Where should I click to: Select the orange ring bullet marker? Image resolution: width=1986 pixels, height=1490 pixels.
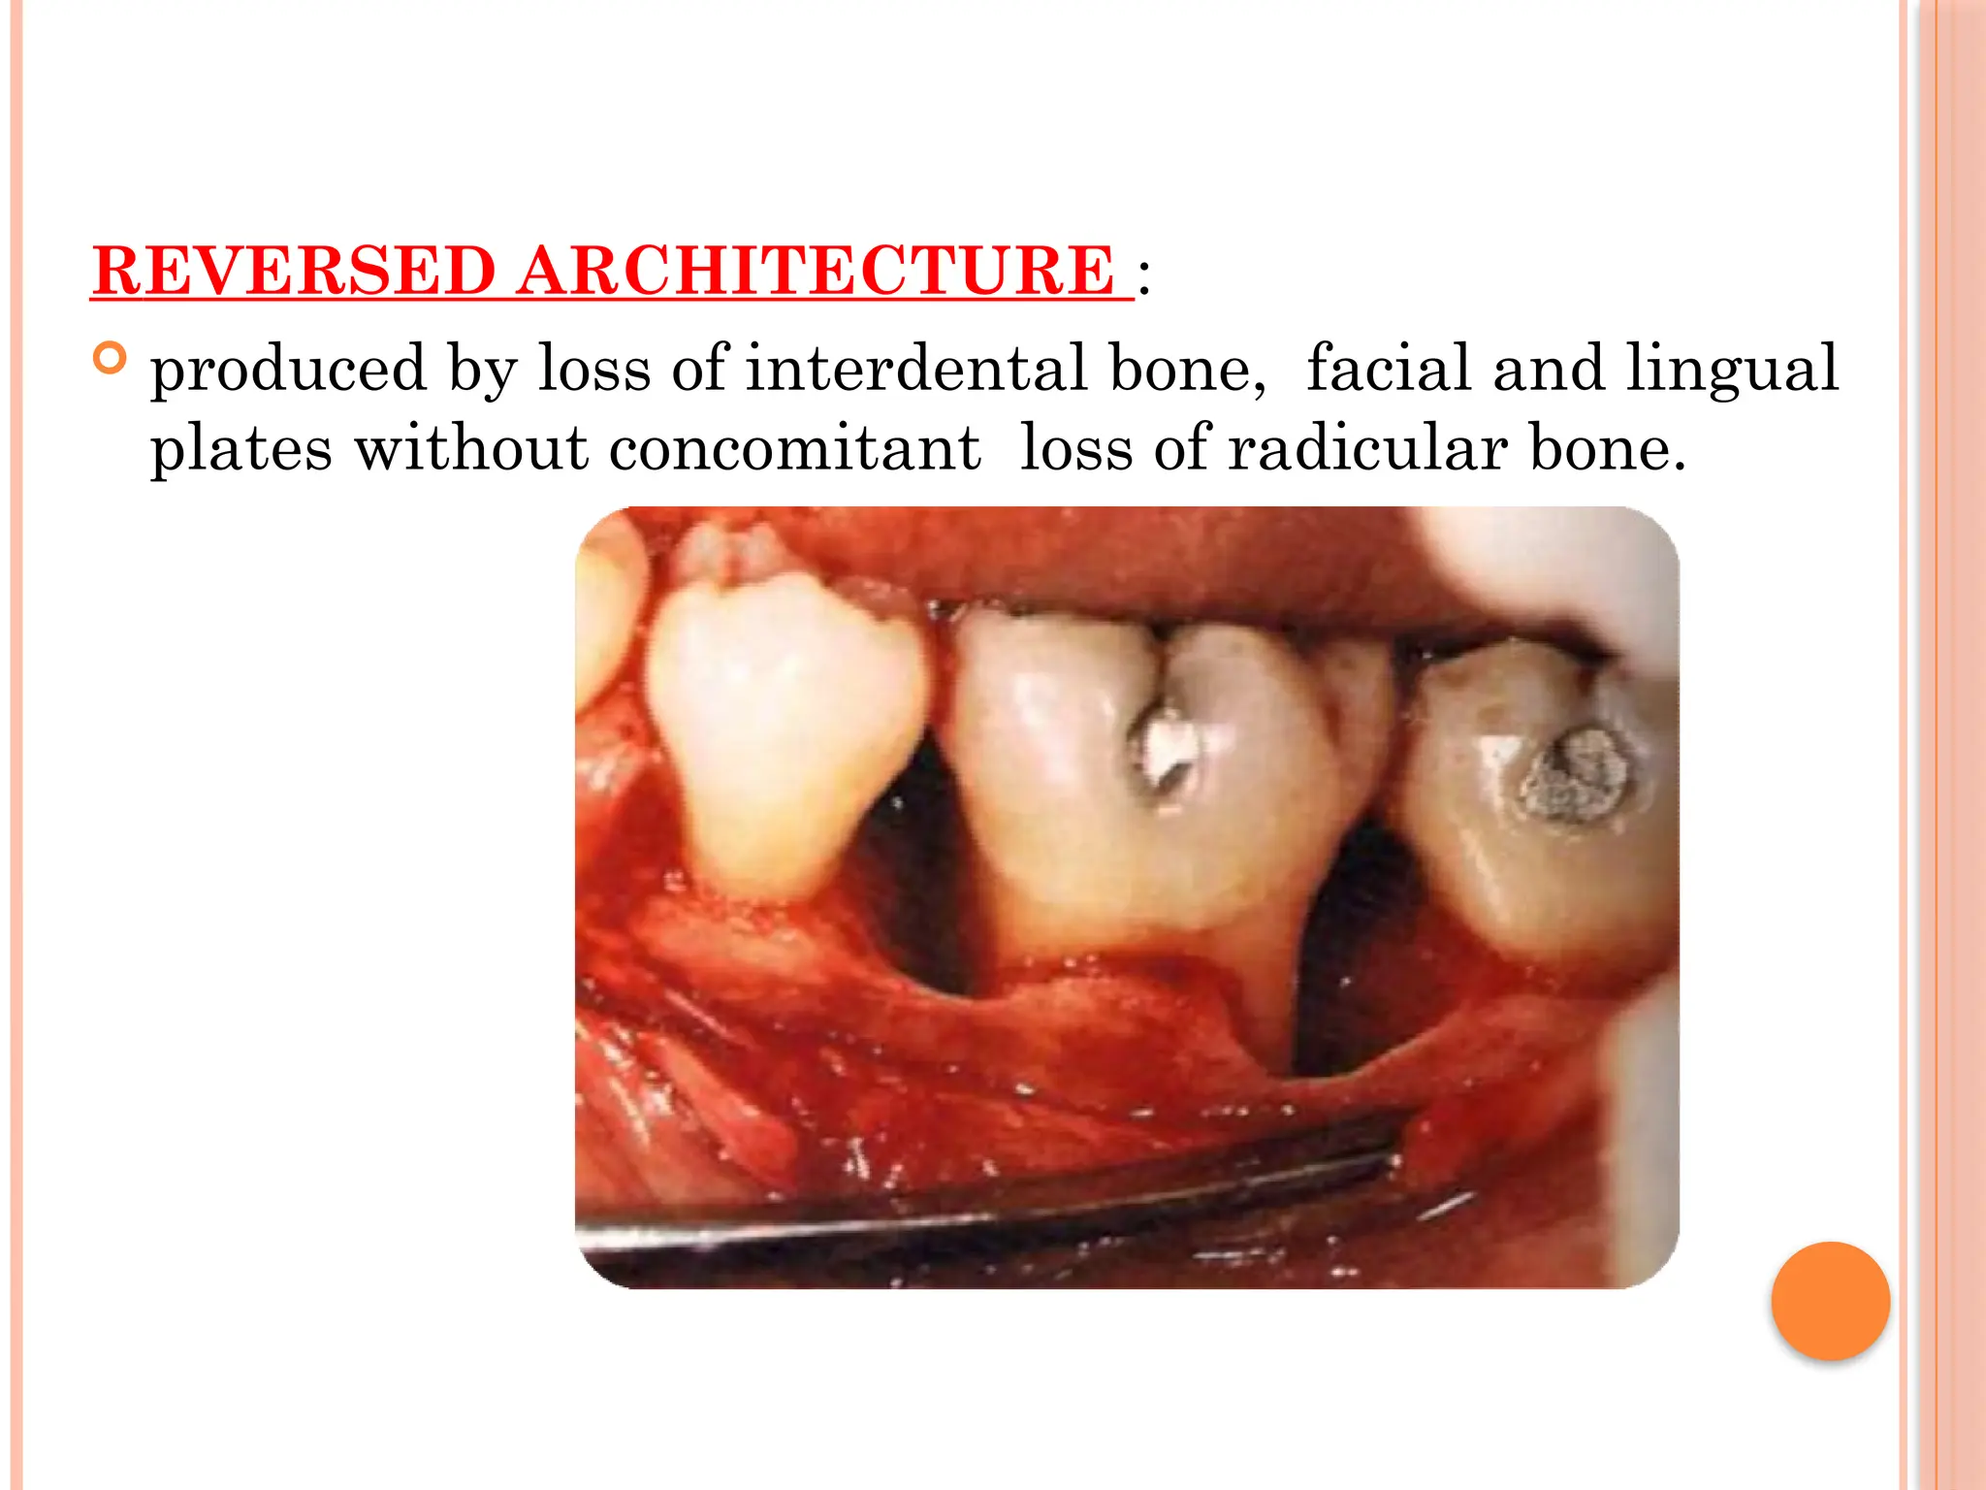[111, 359]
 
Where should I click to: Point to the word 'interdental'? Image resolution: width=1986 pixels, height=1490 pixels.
[915, 369]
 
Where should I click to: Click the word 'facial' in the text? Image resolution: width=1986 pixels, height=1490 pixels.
[1389, 369]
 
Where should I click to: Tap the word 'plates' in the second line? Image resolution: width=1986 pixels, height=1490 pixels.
[241, 449]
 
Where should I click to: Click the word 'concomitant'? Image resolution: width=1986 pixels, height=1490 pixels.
[795, 449]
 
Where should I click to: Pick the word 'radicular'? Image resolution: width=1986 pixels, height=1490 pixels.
[1367, 449]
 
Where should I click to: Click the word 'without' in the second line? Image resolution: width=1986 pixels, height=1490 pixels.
[470, 449]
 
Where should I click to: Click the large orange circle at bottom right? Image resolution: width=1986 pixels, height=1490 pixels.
[1830, 1301]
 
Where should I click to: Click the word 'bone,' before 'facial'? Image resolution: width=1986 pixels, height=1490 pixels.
[1187, 369]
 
